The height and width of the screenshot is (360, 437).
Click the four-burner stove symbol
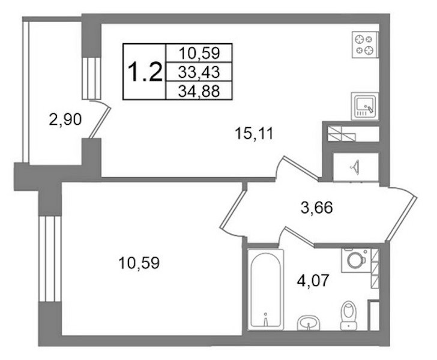click(365, 45)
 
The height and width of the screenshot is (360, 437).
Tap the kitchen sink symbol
click(365, 106)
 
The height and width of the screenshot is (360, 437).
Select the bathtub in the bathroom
click(265, 289)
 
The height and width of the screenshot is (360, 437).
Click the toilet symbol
click(349, 316)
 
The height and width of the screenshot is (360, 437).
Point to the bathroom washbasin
click(309, 323)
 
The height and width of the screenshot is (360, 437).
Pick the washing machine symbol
click(356, 260)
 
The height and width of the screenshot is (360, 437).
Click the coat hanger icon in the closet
click(355, 168)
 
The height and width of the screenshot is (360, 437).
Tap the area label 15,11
click(254, 134)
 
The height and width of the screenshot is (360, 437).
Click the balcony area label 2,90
click(65, 119)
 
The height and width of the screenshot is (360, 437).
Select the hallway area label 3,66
click(317, 208)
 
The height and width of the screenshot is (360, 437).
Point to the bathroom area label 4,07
click(313, 281)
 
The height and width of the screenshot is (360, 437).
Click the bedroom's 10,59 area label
click(139, 263)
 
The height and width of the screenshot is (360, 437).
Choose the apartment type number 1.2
click(144, 72)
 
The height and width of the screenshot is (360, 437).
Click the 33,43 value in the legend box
click(199, 72)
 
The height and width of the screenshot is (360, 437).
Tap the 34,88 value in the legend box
click(199, 91)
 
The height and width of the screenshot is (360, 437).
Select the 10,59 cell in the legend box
click(199, 53)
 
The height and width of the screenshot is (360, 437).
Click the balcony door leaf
click(100, 122)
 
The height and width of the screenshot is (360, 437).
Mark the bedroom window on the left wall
click(50, 259)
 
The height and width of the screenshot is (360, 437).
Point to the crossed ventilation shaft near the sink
click(342, 134)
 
